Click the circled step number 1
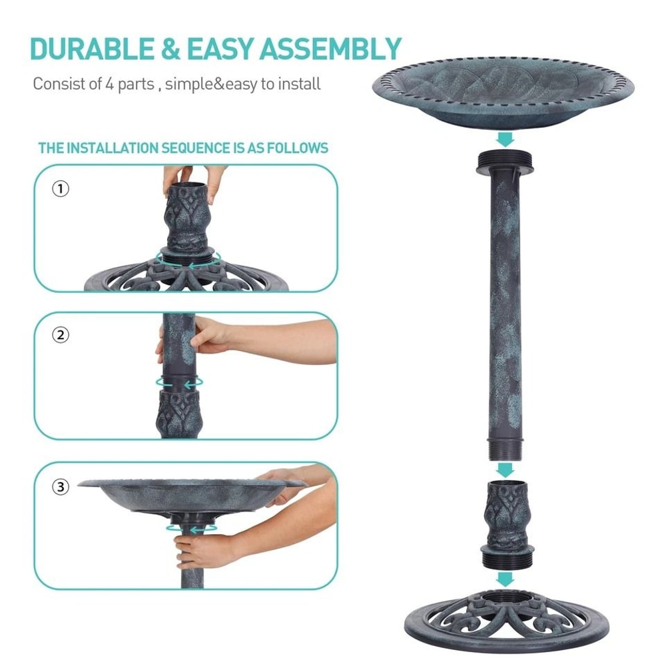click(60, 189)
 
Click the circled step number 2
click(60, 335)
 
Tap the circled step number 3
click(60, 488)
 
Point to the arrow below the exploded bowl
click(505, 139)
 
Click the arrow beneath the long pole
click(505, 469)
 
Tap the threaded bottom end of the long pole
click(505, 448)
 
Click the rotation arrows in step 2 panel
click(178, 383)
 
